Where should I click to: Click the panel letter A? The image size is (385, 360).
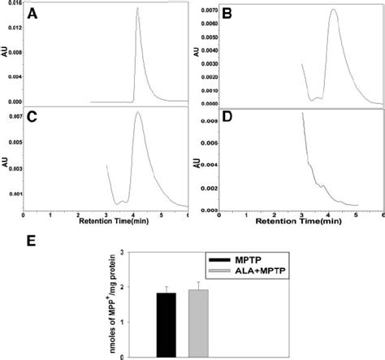pos(32,14)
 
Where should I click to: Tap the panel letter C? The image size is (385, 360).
pos(32,119)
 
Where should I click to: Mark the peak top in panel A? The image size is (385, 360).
pos(137,8)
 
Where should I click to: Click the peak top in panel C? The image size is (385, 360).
pos(138,113)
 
